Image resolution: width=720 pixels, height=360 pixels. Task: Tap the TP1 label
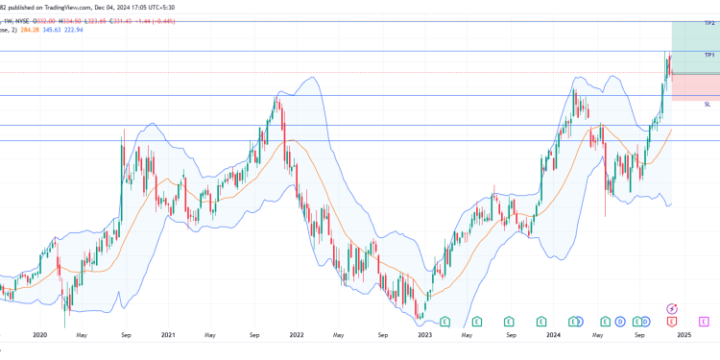[x=709, y=56]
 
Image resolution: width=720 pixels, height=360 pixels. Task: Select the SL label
[x=708, y=104]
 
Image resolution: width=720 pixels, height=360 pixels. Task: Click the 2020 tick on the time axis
[x=39, y=336]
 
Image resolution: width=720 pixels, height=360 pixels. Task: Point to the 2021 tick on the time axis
[x=168, y=336]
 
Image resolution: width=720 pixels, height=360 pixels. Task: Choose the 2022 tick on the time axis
[x=297, y=336]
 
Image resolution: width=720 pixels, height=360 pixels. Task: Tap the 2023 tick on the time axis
[x=425, y=336]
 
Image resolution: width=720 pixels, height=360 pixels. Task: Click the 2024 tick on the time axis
[x=554, y=336]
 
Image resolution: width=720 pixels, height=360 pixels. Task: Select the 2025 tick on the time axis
[x=684, y=336]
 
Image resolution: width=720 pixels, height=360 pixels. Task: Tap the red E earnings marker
[x=672, y=321]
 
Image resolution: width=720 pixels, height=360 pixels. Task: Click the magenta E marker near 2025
[x=705, y=321]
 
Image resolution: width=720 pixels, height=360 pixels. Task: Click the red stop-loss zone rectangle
[x=695, y=86]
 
